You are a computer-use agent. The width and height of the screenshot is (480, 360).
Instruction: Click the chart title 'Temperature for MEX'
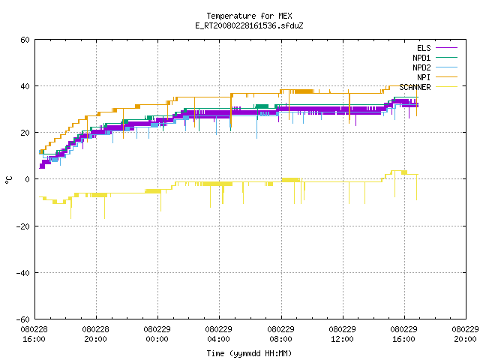[x=249, y=16]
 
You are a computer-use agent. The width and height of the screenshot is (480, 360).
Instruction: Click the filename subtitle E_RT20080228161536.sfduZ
[x=249, y=25]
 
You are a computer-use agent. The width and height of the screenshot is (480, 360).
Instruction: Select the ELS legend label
[x=424, y=48]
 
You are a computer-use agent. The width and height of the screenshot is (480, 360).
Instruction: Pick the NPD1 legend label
[x=421, y=58]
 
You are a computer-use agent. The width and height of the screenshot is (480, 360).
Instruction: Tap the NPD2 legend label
[x=421, y=67]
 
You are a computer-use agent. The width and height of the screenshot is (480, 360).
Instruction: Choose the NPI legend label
[x=424, y=77]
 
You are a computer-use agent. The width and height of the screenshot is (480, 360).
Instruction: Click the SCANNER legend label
[x=415, y=87]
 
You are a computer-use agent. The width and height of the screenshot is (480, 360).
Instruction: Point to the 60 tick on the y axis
[x=25, y=40]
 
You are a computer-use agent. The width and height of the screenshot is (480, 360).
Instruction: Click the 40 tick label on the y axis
[x=25, y=86]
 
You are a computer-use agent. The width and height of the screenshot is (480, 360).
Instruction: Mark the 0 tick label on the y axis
[x=27, y=179]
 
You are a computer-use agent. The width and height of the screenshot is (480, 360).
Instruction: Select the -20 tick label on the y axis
[x=23, y=226]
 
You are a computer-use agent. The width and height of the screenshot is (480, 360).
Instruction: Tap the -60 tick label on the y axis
[x=23, y=319]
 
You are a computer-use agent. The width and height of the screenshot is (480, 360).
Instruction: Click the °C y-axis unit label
[x=8, y=180]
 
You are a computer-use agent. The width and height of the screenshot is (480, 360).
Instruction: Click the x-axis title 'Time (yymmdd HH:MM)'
[x=249, y=353]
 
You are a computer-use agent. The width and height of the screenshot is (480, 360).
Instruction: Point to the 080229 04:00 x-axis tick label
[x=218, y=334]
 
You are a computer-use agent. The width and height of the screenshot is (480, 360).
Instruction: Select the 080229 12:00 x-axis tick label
[x=342, y=334]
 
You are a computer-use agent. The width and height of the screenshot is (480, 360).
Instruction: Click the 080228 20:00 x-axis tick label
[x=95, y=334]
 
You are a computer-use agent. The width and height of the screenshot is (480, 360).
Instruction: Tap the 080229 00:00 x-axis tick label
[x=157, y=334]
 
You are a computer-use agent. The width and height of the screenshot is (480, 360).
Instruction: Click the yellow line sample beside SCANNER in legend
[x=447, y=87]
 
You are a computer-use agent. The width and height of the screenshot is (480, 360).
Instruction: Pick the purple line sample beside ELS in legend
[x=447, y=47]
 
